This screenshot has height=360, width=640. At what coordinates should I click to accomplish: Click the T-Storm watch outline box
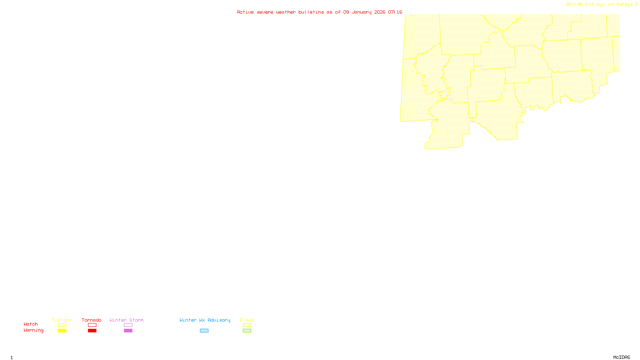(x=62, y=325)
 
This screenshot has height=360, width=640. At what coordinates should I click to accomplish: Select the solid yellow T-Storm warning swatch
(x=62, y=331)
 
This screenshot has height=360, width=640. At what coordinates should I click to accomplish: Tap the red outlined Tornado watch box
(x=92, y=325)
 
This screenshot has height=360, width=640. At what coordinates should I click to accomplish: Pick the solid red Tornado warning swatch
(x=92, y=331)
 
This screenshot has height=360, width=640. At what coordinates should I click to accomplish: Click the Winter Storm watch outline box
(x=128, y=325)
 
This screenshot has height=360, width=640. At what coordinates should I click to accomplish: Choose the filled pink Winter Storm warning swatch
(x=128, y=331)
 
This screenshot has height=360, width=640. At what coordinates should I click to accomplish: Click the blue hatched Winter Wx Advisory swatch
(x=204, y=331)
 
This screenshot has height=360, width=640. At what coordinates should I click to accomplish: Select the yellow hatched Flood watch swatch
(x=247, y=325)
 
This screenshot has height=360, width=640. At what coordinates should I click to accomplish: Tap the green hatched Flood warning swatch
(x=247, y=331)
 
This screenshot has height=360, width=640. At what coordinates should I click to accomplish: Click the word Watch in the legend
(x=31, y=324)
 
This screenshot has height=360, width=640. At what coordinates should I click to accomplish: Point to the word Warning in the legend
(x=33, y=330)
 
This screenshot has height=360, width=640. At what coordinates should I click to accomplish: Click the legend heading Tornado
(x=92, y=320)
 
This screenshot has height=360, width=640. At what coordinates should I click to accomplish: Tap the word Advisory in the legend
(x=219, y=320)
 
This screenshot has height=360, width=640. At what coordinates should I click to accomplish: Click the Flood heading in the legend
(x=247, y=320)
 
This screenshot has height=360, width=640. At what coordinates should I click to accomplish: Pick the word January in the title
(x=362, y=12)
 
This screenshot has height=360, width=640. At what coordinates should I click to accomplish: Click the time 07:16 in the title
(x=395, y=12)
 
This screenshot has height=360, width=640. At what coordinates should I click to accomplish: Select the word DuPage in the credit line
(x=625, y=4)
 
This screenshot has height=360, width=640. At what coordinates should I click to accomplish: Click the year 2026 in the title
(x=380, y=12)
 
